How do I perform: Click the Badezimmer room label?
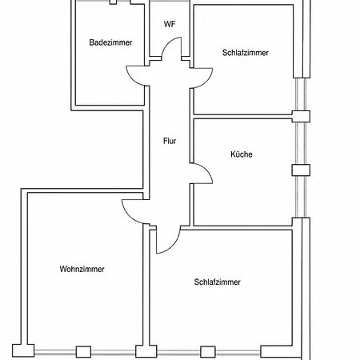110,42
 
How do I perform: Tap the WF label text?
170,24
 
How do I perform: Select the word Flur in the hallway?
170,141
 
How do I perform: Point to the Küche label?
242,154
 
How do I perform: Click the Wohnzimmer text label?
82,269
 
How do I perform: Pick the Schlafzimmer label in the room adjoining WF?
246,53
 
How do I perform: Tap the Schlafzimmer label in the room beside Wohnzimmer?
218,282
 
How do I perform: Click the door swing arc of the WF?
167,44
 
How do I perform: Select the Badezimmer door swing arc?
133,79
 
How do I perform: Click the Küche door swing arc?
206,170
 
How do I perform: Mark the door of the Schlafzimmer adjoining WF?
206,82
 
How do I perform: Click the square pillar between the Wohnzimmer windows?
83,352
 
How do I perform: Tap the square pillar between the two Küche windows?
301,170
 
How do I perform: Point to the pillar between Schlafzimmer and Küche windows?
301,116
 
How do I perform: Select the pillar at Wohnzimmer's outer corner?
23,350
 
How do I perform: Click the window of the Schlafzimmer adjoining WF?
301,94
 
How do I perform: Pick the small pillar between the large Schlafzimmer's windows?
208,352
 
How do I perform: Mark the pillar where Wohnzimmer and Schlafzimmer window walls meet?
146,351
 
